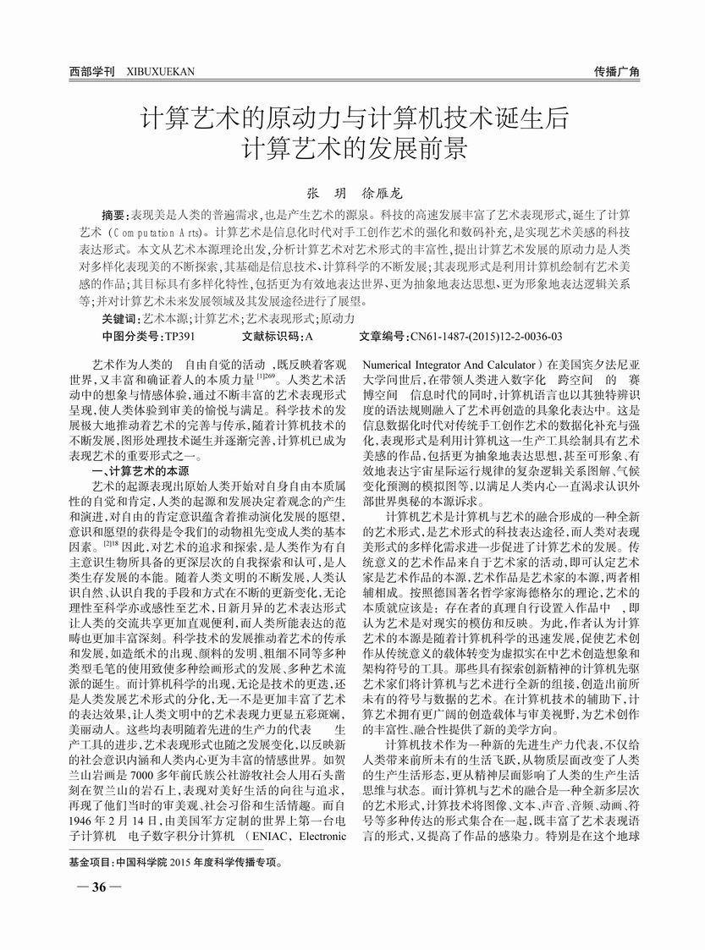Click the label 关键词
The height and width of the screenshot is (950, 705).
119,318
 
